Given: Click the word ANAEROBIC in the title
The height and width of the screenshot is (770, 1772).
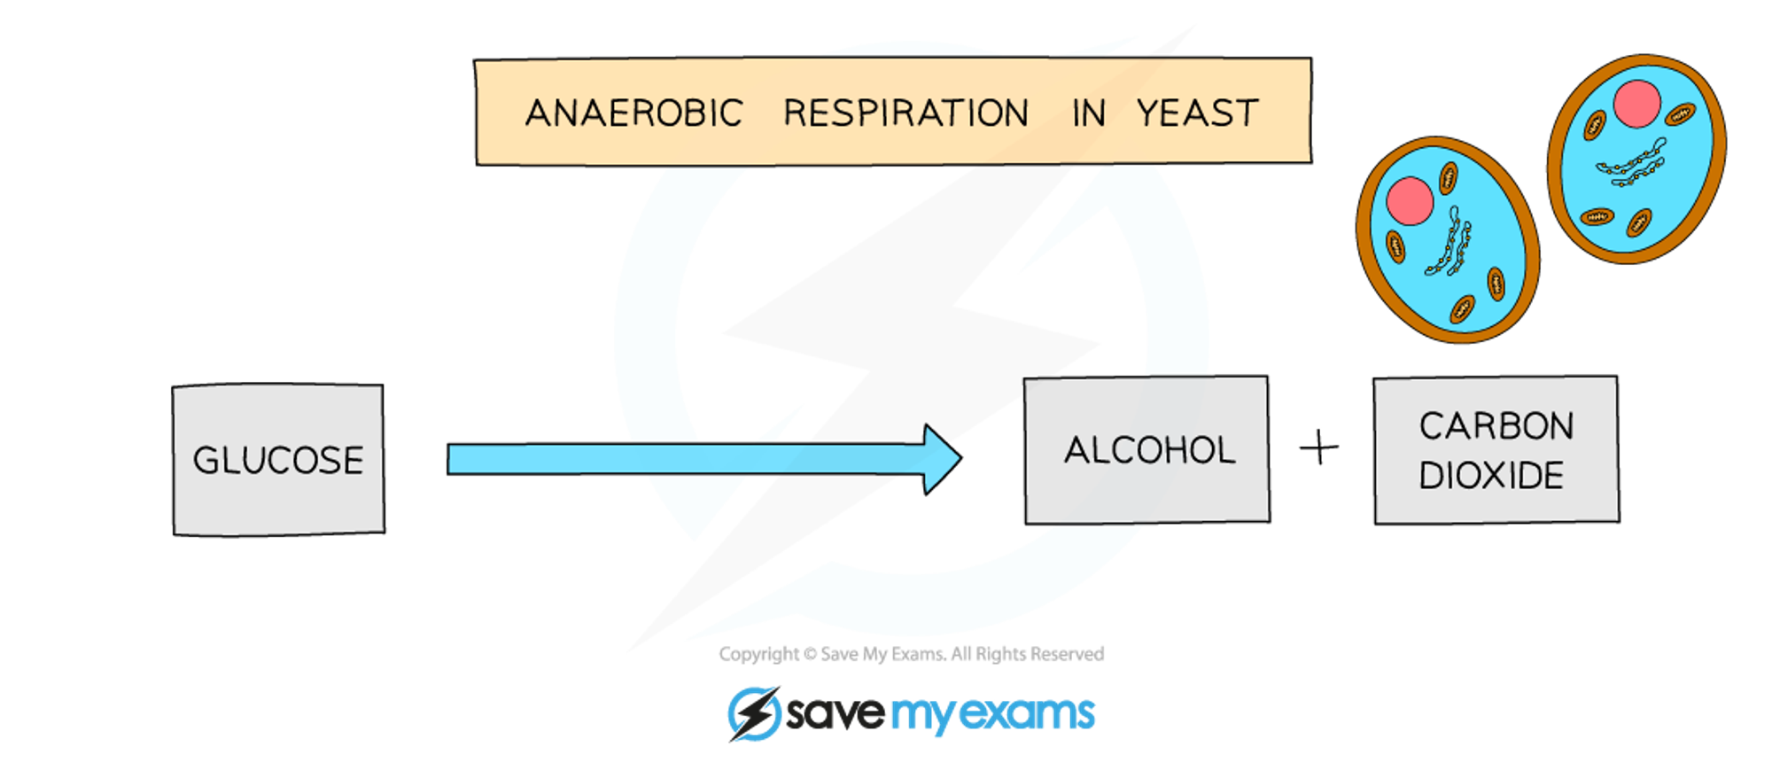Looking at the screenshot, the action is tap(633, 113).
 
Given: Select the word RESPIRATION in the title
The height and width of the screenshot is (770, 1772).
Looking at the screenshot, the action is tap(905, 113).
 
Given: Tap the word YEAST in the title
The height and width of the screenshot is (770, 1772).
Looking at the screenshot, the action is tap(1197, 113).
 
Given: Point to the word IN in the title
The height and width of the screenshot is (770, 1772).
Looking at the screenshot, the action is tap(1088, 113).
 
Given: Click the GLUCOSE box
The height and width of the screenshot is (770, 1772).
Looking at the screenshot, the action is tap(278, 460).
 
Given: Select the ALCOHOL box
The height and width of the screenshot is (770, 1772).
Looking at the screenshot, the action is tap(1147, 450).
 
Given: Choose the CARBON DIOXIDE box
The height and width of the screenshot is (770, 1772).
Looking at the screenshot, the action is tap(1496, 450).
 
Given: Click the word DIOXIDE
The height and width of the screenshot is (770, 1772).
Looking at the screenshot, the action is tap(1491, 476).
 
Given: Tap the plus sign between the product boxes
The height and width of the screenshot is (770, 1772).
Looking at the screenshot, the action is tap(1319, 447).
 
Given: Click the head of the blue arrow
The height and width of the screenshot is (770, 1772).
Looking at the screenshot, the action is tap(943, 459).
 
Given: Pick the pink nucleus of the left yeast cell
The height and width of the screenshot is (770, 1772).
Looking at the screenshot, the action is tap(1410, 201).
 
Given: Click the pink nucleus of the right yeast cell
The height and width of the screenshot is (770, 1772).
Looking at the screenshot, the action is tap(1636, 105).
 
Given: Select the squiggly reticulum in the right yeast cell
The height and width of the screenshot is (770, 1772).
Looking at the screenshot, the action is tap(1631, 164).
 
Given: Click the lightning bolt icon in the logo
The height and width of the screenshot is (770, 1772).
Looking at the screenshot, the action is tap(754, 713).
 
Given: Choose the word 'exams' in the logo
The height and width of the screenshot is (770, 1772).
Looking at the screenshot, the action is tap(1028, 713).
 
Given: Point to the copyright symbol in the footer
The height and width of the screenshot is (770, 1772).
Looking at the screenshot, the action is tap(810, 655).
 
